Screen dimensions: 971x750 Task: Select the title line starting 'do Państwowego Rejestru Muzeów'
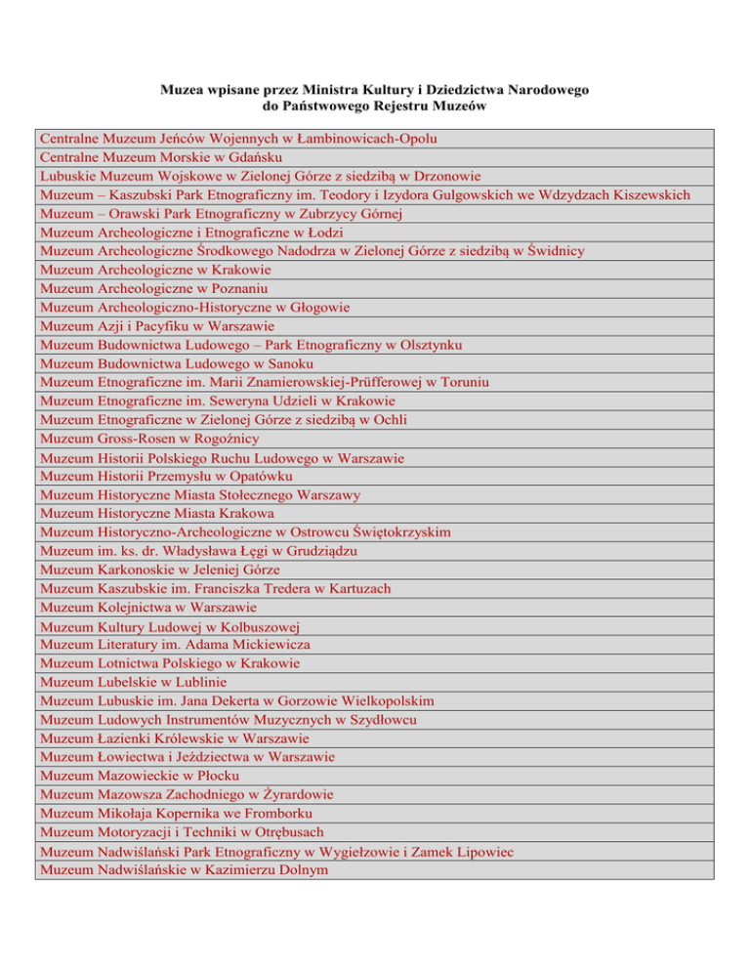(375, 106)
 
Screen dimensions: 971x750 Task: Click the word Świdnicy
(556, 251)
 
